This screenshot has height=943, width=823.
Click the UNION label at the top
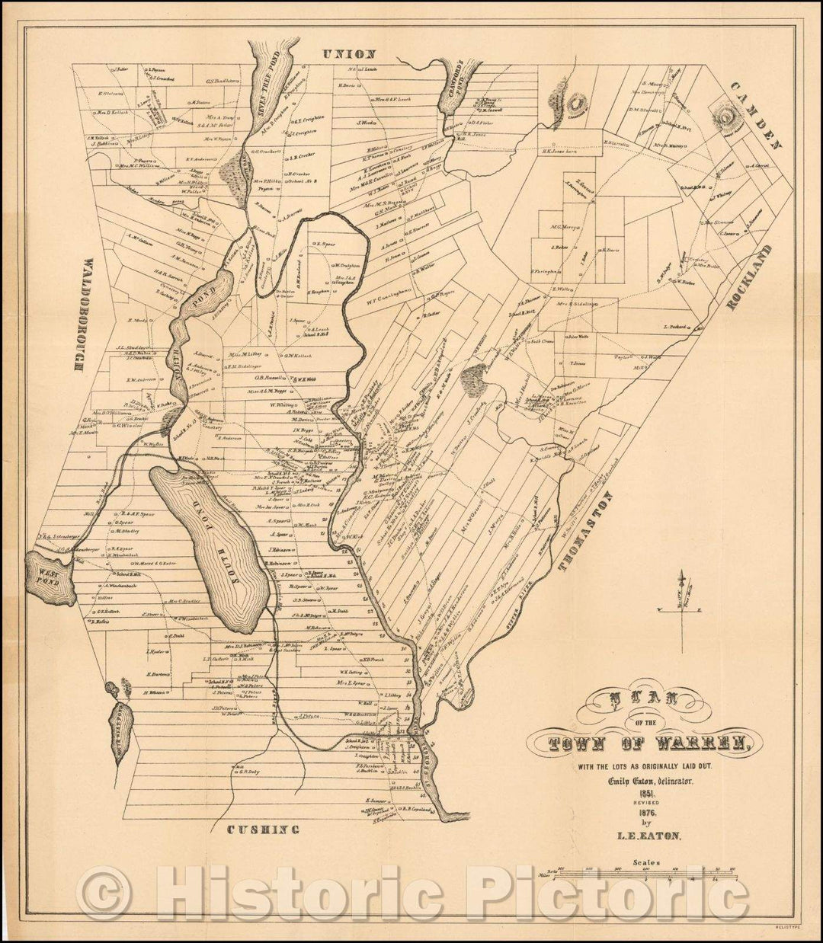348,54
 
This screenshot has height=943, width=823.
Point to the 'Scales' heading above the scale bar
645,863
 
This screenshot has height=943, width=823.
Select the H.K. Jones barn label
563,150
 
